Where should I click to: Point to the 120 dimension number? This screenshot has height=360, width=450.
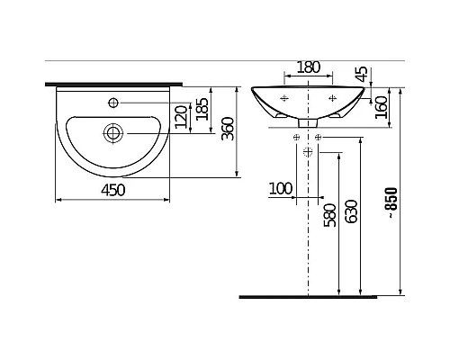(x=181, y=117)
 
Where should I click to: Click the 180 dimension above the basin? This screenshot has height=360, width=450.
(x=309, y=67)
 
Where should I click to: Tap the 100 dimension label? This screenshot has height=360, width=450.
(x=281, y=188)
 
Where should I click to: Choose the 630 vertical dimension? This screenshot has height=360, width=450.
(x=352, y=212)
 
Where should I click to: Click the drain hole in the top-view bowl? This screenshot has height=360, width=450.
(x=112, y=133)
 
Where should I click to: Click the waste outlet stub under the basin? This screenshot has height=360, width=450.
(x=309, y=121)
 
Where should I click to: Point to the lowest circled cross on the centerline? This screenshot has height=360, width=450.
(x=309, y=150)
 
